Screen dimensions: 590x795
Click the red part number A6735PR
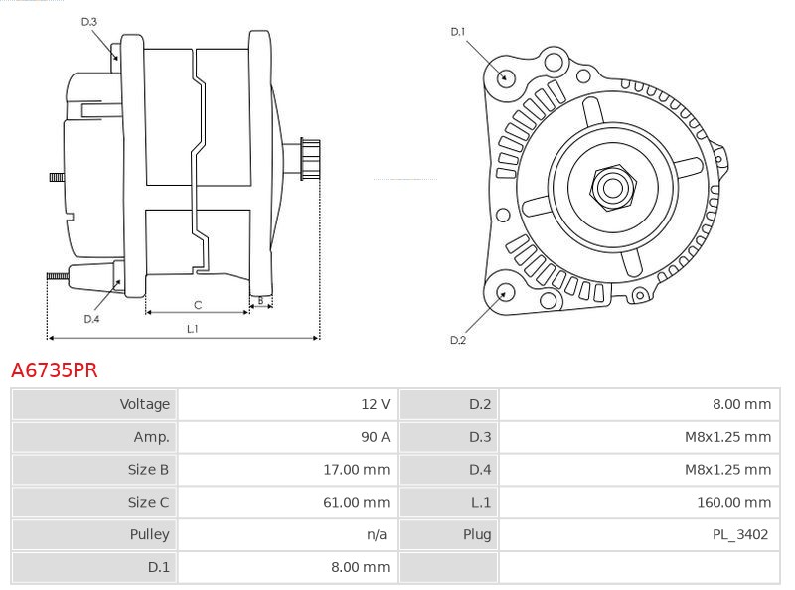point(54,370)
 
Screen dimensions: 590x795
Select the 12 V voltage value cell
point(375,404)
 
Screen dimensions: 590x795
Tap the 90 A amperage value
point(375,437)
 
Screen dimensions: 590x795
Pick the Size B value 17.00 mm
point(356,470)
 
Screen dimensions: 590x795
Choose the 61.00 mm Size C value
point(356,503)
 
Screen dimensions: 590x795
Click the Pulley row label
point(150,534)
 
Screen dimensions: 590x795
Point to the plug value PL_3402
point(739,534)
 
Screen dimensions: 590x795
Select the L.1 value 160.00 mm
point(733,503)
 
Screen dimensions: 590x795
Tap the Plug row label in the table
point(476,534)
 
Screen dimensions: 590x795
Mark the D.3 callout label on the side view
point(89,22)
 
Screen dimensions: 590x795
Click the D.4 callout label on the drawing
point(91,319)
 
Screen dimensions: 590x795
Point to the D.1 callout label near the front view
point(458,32)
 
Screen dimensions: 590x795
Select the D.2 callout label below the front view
point(458,340)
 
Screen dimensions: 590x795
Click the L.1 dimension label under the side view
point(193,329)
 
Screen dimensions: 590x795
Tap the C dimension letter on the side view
point(198,304)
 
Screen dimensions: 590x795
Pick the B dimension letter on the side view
point(260,300)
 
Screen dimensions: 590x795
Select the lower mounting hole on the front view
point(506,292)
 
